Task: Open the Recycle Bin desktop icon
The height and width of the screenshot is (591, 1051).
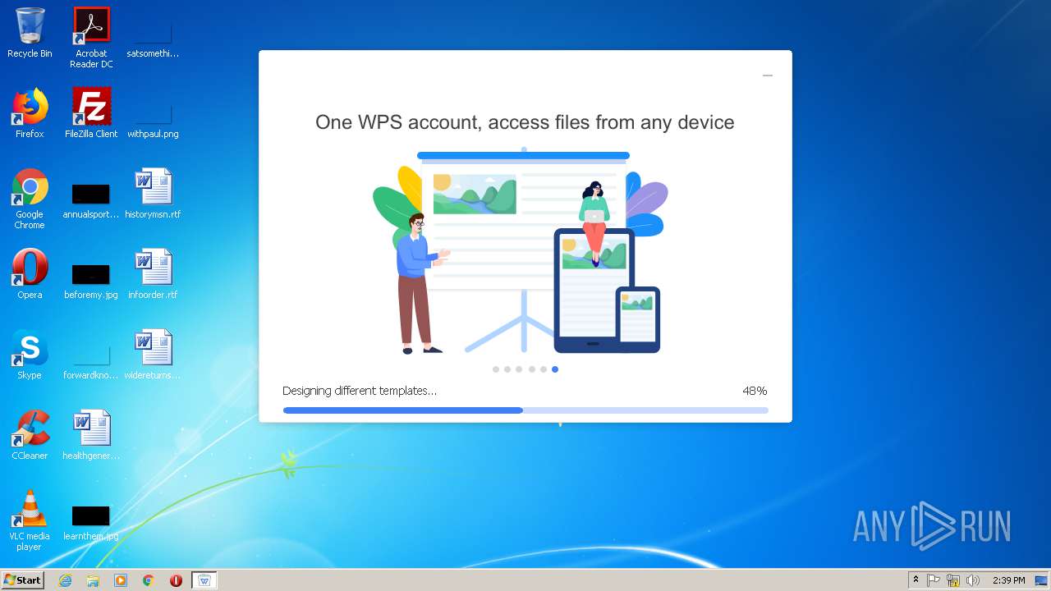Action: [30, 26]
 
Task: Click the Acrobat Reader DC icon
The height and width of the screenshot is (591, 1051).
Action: [91, 26]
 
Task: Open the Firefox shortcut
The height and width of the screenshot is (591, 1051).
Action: [30, 107]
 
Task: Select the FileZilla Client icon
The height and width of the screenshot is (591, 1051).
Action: [91, 107]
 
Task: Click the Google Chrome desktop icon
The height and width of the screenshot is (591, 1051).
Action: [30, 187]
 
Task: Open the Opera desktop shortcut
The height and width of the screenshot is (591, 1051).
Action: [30, 268]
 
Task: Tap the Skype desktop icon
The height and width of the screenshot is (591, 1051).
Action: [30, 348]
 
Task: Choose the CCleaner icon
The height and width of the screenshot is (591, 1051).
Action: [30, 428]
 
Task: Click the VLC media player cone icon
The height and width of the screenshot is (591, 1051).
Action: [30, 509]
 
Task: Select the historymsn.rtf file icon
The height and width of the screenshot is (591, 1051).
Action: [153, 187]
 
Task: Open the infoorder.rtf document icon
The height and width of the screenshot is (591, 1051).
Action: [153, 268]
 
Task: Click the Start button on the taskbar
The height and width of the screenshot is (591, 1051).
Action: [22, 580]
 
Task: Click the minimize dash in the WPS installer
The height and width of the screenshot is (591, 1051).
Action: [768, 76]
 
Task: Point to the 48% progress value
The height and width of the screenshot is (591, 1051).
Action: [755, 391]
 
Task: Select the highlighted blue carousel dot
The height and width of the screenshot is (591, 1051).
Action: [555, 369]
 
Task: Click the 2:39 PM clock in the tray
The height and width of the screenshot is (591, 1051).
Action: [1008, 580]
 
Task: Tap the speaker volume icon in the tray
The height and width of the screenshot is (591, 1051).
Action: [973, 580]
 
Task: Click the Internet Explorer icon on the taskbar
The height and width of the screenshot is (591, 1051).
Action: [66, 580]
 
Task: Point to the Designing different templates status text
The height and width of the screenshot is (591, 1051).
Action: [359, 391]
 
